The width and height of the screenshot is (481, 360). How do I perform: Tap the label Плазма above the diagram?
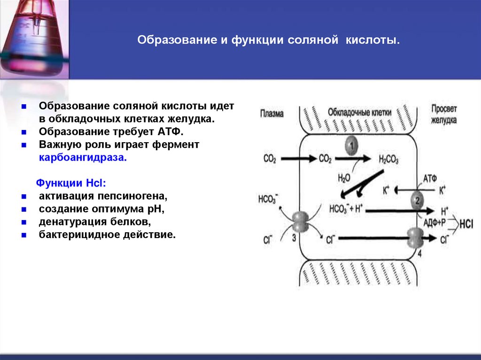pos(272,114)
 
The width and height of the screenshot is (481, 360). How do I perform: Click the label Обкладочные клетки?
pos(354,113)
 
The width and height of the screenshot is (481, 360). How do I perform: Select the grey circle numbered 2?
pos(417,201)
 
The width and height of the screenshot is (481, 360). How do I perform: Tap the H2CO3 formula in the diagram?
pos(388,160)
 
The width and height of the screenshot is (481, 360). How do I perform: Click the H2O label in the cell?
pos(344,177)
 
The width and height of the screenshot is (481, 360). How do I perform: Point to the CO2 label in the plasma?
pos(270,159)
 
